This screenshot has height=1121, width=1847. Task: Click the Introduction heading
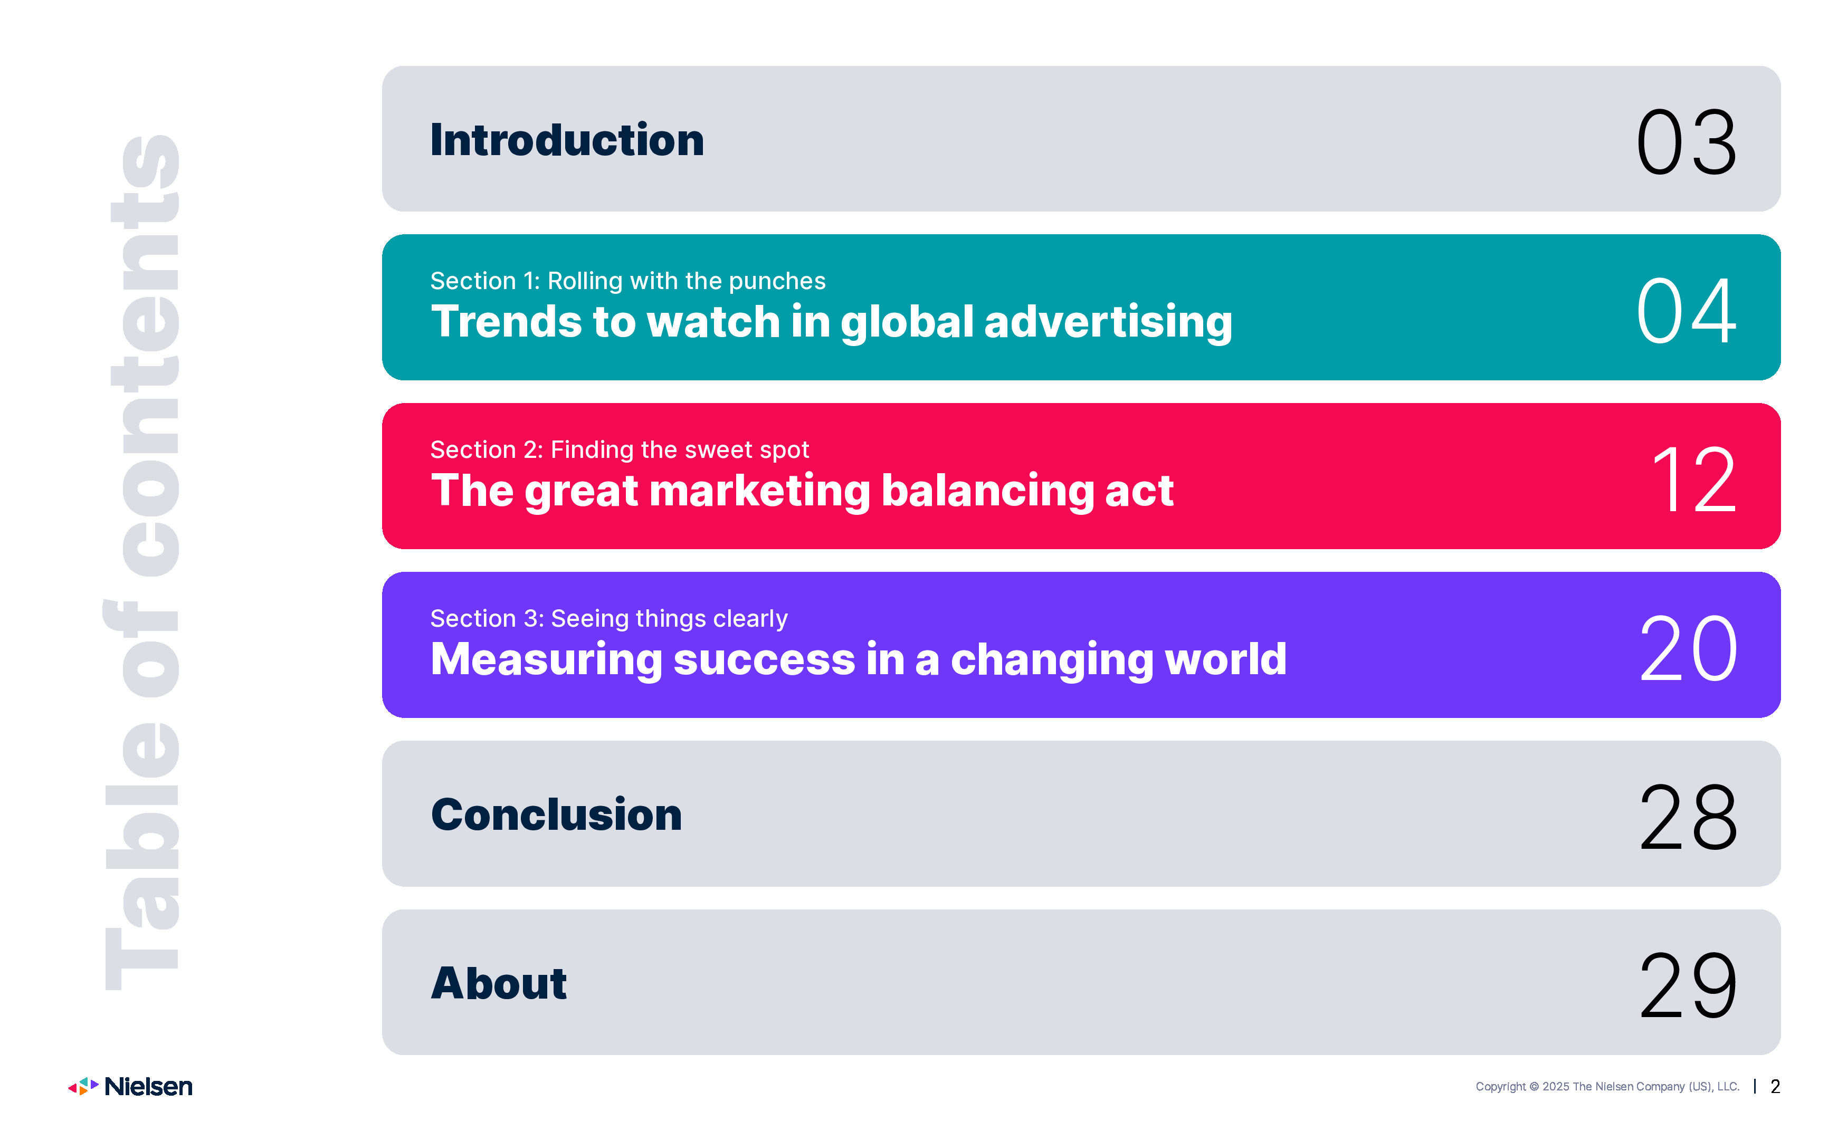pos(567,140)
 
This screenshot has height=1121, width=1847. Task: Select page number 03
pos(1686,141)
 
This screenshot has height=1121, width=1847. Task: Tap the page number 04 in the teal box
pos(1686,310)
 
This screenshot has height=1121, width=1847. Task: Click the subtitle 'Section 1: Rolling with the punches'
pos(627,281)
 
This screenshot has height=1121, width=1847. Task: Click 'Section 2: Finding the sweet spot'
pos(619,449)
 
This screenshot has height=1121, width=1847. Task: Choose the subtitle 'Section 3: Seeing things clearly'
pos(608,618)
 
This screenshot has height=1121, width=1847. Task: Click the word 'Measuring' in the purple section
pos(547,660)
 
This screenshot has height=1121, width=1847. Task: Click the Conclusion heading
pos(556,815)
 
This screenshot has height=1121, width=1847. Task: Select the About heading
pos(499,983)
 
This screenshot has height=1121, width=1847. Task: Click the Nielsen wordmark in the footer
pos(148,1087)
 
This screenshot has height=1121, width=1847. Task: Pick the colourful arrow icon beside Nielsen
pos(83,1087)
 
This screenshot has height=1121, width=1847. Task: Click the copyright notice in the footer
pos(1607,1087)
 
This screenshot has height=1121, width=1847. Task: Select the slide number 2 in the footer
pos(1775,1087)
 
